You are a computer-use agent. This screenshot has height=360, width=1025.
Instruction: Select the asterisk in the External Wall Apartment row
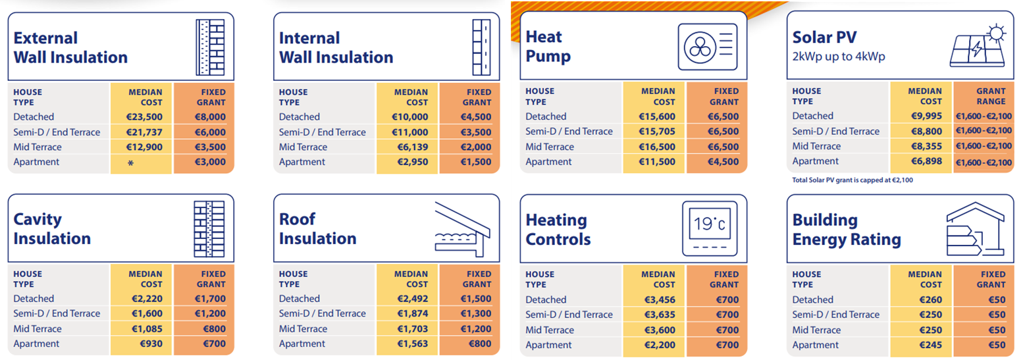(x=130, y=163)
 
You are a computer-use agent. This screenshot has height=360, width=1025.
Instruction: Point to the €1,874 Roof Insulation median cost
(x=413, y=314)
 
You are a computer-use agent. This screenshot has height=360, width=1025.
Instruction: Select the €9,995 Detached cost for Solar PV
(x=926, y=116)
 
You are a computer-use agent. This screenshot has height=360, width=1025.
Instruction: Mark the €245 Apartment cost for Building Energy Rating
(x=930, y=345)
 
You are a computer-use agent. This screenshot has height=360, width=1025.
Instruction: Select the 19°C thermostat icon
(x=710, y=228)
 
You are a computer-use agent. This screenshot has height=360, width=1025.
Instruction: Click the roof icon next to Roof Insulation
(x=463, y=228)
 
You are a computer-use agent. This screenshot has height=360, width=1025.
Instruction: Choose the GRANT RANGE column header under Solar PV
(x=991, y=96)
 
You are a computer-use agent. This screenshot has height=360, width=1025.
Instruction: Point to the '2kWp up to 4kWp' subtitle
(x=839, y=57)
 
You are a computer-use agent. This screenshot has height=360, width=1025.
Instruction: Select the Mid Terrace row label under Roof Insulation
(x=303, y=329)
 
